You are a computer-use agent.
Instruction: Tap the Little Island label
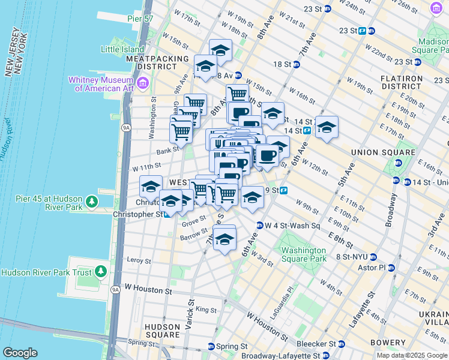click(x=123, y=49)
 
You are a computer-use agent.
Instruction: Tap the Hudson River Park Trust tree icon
click(x=101, y=272)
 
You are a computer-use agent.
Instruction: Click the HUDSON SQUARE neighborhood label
click(x=162, y=331)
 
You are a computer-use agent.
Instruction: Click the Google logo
click(x=20, y=353)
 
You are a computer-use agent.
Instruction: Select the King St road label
click(x=206, y=310)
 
